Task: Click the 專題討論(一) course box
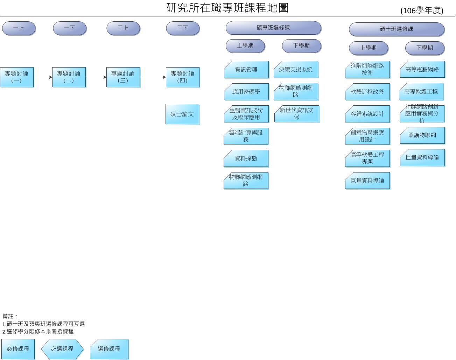pyautogui.click(x=16, y=77)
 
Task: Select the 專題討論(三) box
pyautogui.click(x=123, y=77)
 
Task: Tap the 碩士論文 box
pyautogui.click(x=182, y=114)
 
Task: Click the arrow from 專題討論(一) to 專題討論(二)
pyautogui.click(x=43, y=77)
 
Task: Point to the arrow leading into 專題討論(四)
pyautogui.click(x=153, y=77)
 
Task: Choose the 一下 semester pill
pyautogui.click(x=69, y=28)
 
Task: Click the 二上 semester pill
pyautogui.click(x=123, y=28)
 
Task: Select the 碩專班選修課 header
pyautogui.click(x=273, y=28)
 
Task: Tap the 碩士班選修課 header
pyautogui.click(x=396, y=29)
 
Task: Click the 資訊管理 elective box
pyautogui.click(x=246, y=70)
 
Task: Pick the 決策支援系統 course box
pyautogui.click(x=296, y=70)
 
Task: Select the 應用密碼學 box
pyautogui.click(x=246, y=92)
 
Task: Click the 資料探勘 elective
pyautogui.click(x=246, y=158)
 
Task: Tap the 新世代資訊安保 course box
pyautogui.click(x=296, y=114)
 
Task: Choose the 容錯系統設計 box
pyautogui.click(x=367, y=114)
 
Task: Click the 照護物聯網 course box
pyautogui.click(x=422, y=135)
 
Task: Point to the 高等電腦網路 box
pyautogui.click(x=422, y=70)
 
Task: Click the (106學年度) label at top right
pyautogui.click(x=422, y=10)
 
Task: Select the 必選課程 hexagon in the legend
pyautogui.click(x=62, y=349)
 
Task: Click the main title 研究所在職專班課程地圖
pyautogui.click(x=227, y=8)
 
